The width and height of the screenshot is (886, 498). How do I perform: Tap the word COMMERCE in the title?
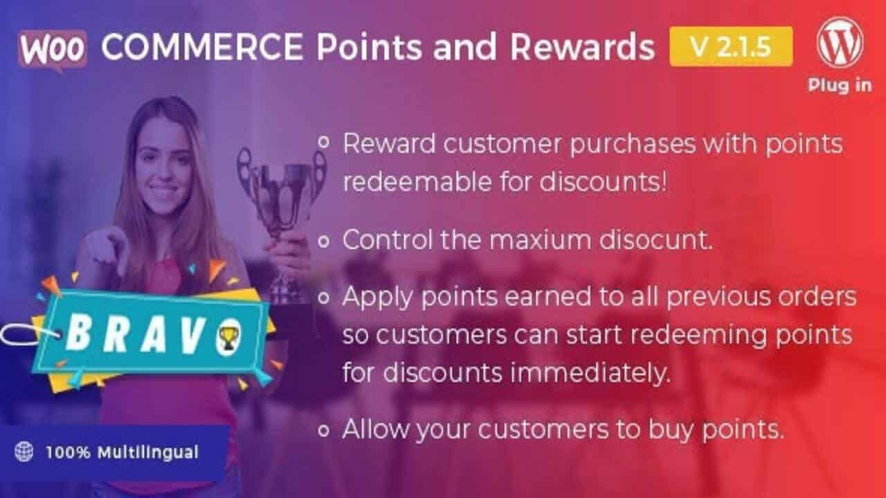click(202, 46)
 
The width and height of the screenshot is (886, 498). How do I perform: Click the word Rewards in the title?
click(582, 47)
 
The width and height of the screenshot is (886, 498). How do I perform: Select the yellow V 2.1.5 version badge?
click(731, 46)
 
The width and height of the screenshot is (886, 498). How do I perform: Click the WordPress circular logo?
click(840, 43)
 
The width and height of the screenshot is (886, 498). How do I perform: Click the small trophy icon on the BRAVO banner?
click(229, 337)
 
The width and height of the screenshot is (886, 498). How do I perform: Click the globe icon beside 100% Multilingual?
click(24, 452)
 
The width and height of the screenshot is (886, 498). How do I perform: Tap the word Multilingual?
click(148, 453)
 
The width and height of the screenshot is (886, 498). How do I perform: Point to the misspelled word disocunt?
click(656, 239)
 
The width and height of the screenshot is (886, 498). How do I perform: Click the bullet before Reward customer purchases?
click(323, 142)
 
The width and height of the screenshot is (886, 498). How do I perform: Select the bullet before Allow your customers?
click(323, 430)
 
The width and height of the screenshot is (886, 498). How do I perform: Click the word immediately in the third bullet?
click(590, 373)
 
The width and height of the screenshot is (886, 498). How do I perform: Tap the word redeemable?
click(417, 182)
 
